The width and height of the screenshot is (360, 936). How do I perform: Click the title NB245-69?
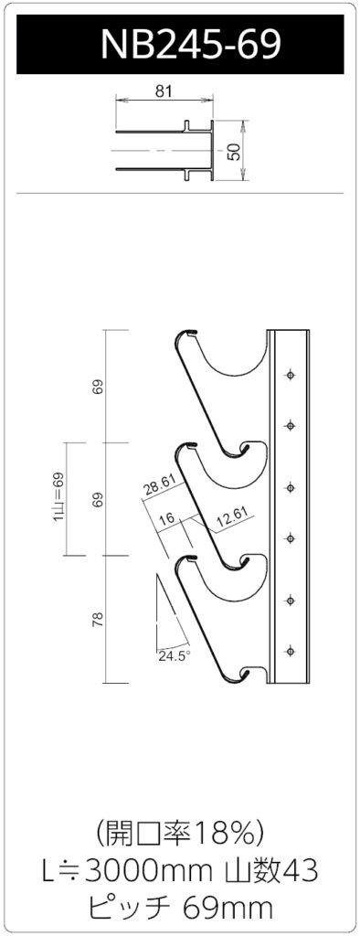point(190,44)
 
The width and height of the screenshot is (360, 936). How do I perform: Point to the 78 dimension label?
point(99,619)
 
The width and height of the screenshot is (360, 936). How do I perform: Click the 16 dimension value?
point(167,518)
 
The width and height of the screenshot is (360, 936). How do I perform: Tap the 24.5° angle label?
point(174,655)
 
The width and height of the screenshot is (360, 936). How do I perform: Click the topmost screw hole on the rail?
point(291,375)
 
